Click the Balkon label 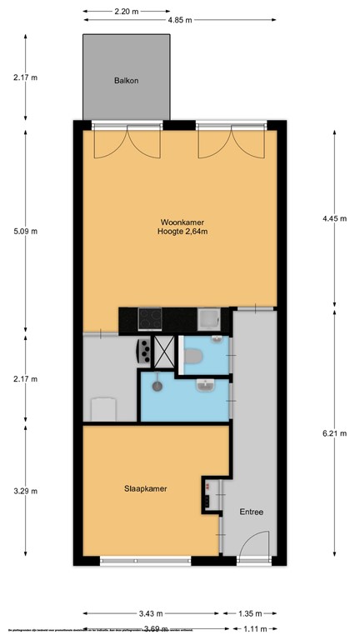[127, 81]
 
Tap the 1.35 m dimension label [247, 616]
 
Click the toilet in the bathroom [193, 357]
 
